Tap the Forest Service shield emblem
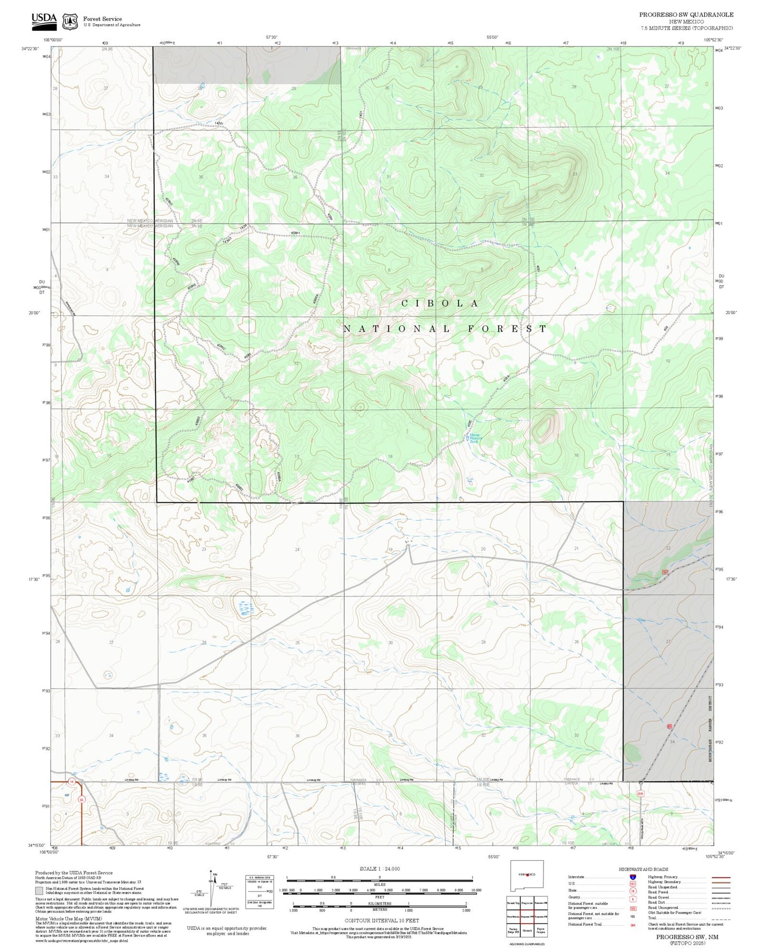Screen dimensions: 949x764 click(69, 21)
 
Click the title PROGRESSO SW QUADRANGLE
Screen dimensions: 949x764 click(686, 15)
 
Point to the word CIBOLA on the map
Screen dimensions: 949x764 click(440, 303)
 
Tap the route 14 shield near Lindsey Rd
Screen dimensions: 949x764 click(71, 781)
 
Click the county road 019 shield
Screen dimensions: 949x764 click(640, 793)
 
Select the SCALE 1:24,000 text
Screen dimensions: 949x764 click(379, 869)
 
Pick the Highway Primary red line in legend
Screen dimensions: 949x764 click(721, 877)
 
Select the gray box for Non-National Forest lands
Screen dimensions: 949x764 click(39, 891)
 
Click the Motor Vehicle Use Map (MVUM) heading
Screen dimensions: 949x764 click(68, 919)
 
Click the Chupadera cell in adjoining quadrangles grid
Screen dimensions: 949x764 click(527, 930)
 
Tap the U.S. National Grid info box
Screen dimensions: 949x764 click(260, 891)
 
